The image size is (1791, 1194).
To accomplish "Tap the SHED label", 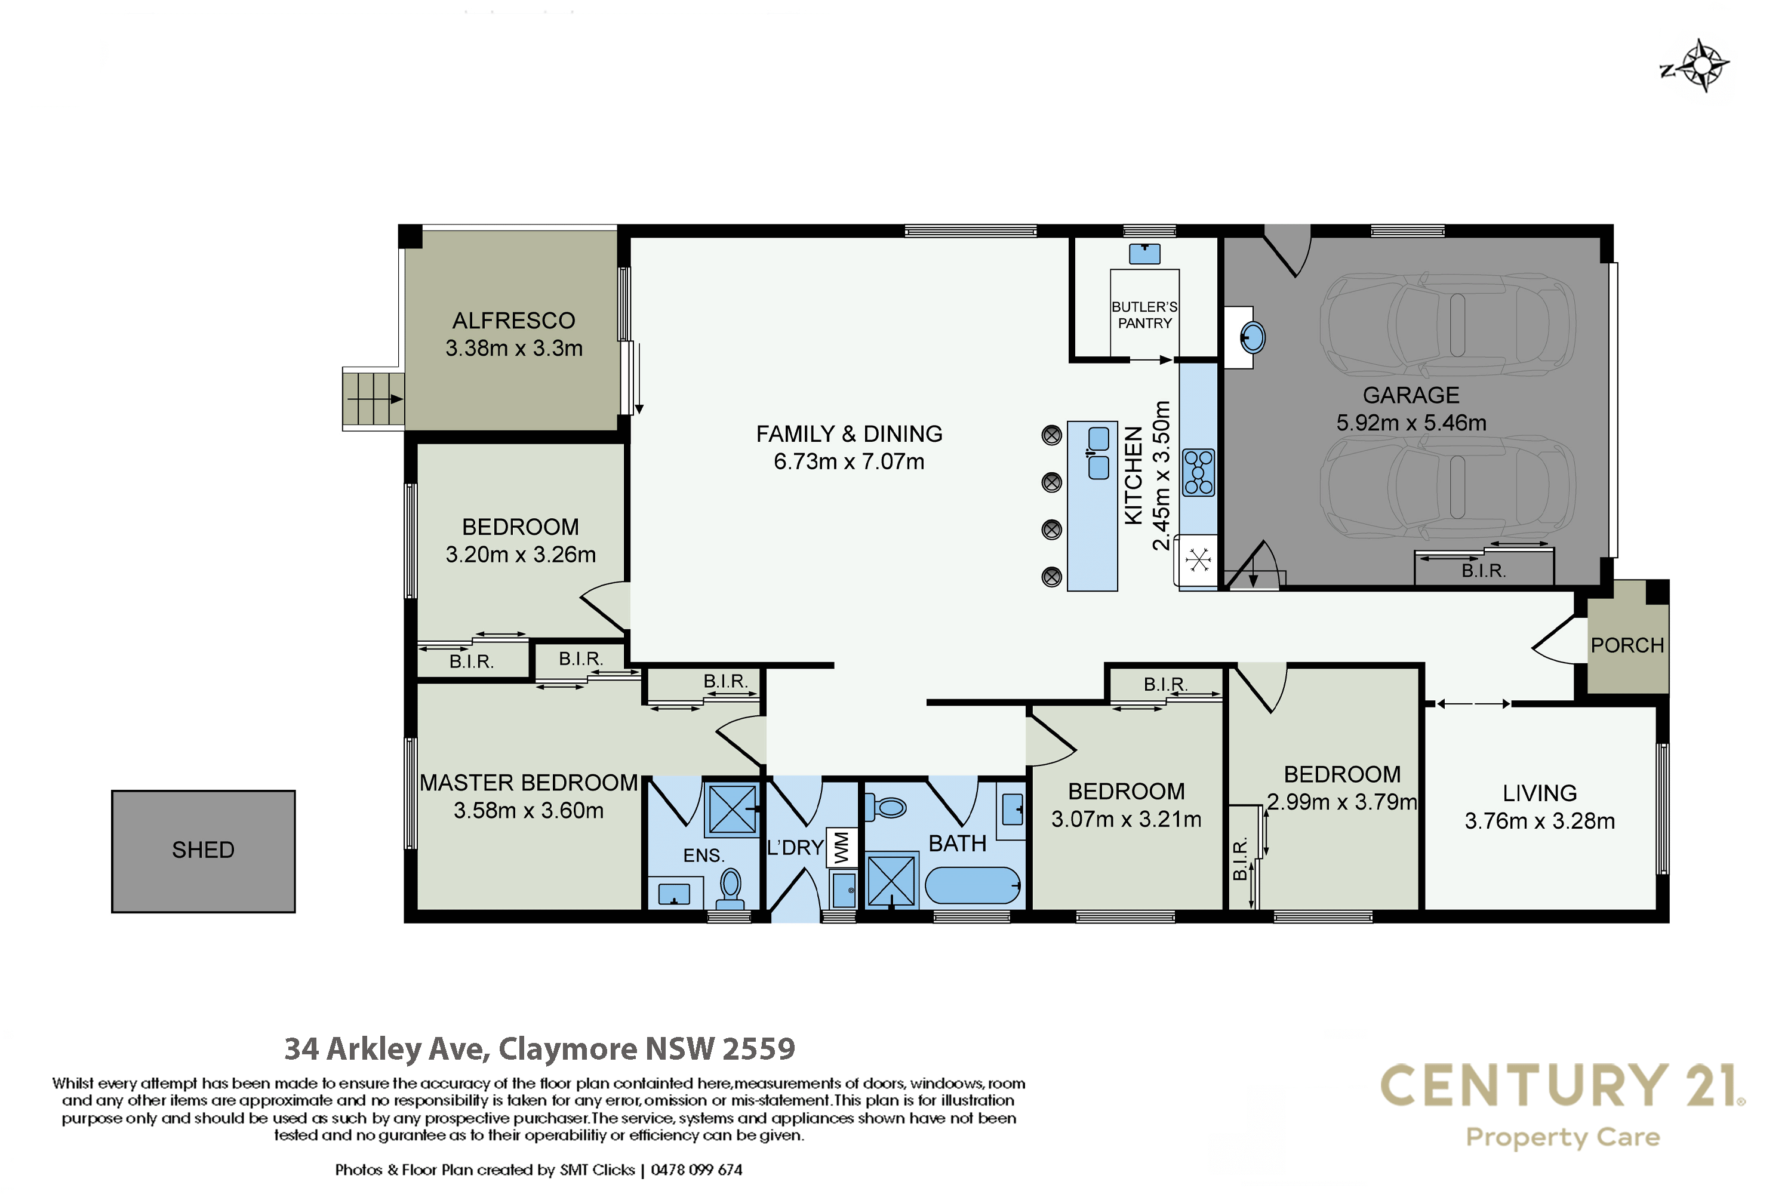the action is [x=204, y=850].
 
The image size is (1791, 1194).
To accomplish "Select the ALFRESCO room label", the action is [x=514, y=321].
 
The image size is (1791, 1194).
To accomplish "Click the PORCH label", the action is [x=1627, y=645].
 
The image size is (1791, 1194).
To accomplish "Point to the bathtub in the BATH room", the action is [x=973, y=885].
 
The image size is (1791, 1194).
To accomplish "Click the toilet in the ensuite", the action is [x=731, y=889].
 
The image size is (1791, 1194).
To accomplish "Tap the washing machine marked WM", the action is [x=841, y=848].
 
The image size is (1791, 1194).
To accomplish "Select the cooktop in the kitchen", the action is [x=1199, y=472].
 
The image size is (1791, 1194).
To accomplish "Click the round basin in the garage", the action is [x=1253, y=337].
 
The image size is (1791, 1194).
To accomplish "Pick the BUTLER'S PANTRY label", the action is [x=1144, y=315].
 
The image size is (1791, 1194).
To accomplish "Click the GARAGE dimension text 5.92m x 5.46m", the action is [x=1411, y=423].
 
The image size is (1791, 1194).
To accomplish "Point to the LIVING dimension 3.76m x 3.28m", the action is [x=1540, y=821].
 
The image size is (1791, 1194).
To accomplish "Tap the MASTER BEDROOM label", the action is [x=528, y=783].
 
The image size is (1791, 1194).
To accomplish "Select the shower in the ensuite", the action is [x=732, y=808].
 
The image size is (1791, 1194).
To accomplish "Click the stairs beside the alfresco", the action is [x=373, y=399].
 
